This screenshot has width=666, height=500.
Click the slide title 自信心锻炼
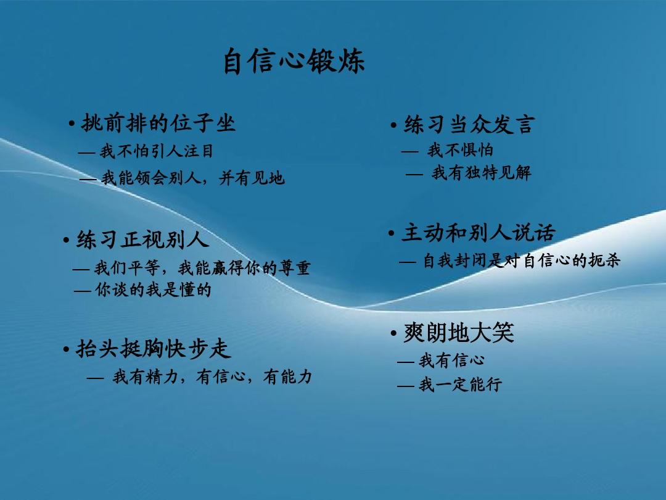tap(294, 62)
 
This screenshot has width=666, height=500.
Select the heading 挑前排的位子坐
tap(158, 123)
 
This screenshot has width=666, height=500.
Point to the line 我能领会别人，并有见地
tap(193, 178)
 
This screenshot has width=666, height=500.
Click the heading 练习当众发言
tap(468, 125)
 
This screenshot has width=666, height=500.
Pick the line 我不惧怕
tap(460, 150)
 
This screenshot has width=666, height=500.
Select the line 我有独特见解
tap(481, 173)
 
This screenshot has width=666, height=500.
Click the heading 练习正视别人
tap(142, 240)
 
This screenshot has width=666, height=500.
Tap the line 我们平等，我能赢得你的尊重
tap(202, 268)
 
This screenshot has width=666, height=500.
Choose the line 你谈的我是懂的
tap(153, 290)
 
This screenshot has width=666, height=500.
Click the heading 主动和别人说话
tap(478, 233)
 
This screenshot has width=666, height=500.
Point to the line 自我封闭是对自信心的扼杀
tap(521, 261)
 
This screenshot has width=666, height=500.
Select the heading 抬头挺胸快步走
tap(153, 349)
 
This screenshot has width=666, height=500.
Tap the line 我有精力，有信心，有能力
tap(212, 377)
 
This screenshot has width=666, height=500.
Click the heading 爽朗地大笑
tap(458, 333)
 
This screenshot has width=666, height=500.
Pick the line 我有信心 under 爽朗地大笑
tap(451, 360)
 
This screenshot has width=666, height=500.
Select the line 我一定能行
tap(460, 385)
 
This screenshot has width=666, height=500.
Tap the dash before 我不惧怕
tap(409, 151)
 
